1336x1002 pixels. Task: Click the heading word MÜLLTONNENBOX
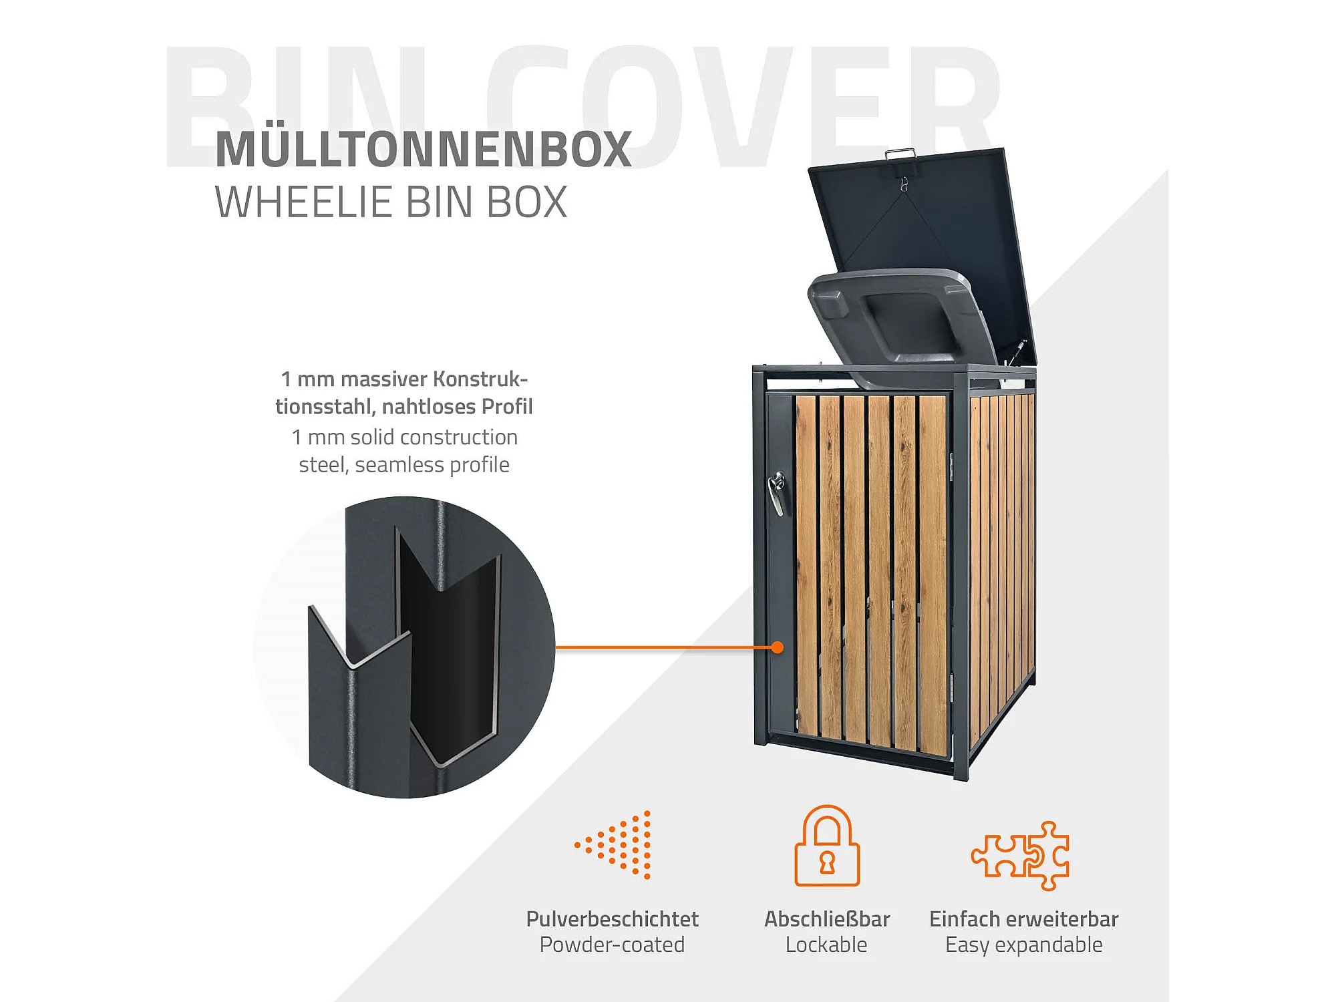[423, 149]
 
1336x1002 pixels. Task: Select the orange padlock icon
[827, 846]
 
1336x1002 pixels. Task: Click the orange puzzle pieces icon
[1021, 856]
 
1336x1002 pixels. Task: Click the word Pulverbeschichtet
[612, 919]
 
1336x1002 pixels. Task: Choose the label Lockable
[826, 945]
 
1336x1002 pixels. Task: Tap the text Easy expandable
[1023, 945]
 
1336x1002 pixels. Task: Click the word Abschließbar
[827, 919]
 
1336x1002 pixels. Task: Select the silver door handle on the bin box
[778, 492]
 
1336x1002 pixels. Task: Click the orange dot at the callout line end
[777, 647]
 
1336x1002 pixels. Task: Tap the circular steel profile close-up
[404, 647]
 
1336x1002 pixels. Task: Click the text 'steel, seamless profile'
[404, 464]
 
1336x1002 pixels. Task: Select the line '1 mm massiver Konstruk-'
[404, 379]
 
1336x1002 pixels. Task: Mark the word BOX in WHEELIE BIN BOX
[527, 202]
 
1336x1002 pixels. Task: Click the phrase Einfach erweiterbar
[1023, 919]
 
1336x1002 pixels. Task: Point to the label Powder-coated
[612, 945]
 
